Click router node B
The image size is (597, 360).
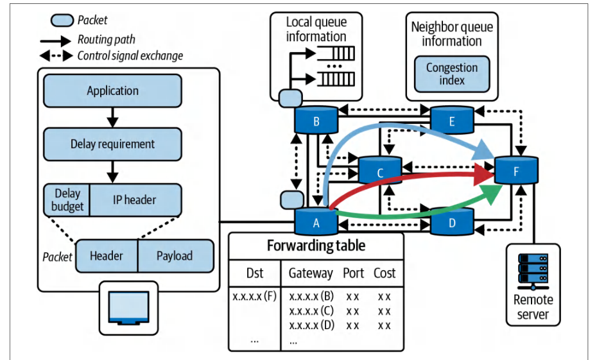pos(316,120)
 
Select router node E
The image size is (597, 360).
pos(452,120)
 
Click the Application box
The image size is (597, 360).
pos(113,90)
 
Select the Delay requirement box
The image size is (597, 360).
pos(113,144)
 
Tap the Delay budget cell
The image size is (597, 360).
pos(67,200)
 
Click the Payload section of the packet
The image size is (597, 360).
pos(175,256)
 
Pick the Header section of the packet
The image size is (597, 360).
pos(107,256)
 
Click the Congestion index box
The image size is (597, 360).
pos(452,74)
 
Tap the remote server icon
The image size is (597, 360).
pos(533,271)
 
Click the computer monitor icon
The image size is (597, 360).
pos(128,308)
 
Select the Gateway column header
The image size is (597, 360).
pos(311,273)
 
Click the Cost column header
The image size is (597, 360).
pos(385,273)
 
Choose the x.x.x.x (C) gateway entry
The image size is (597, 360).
pos(311,311)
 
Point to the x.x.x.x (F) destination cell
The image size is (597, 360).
pos(254,296)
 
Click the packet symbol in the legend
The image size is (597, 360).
pos(62,20)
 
